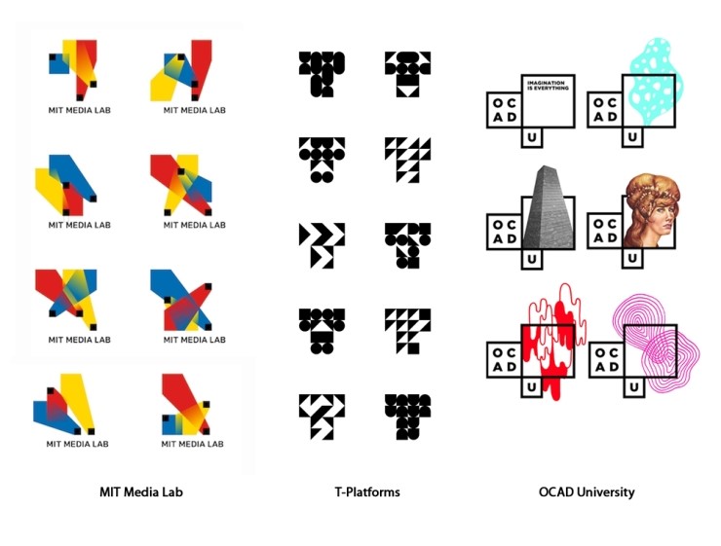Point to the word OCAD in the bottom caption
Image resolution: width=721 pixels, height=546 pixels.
tap(554, 492)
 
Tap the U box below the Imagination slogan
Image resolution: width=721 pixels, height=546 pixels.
tap(531, 138)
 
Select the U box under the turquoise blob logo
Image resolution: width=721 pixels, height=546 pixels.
tap(632, 138)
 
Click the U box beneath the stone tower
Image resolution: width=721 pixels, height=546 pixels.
tap(531, 261)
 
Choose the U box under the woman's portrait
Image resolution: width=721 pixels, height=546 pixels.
tap(632, 261)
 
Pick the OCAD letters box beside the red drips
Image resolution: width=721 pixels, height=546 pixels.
tap(504, 357)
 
